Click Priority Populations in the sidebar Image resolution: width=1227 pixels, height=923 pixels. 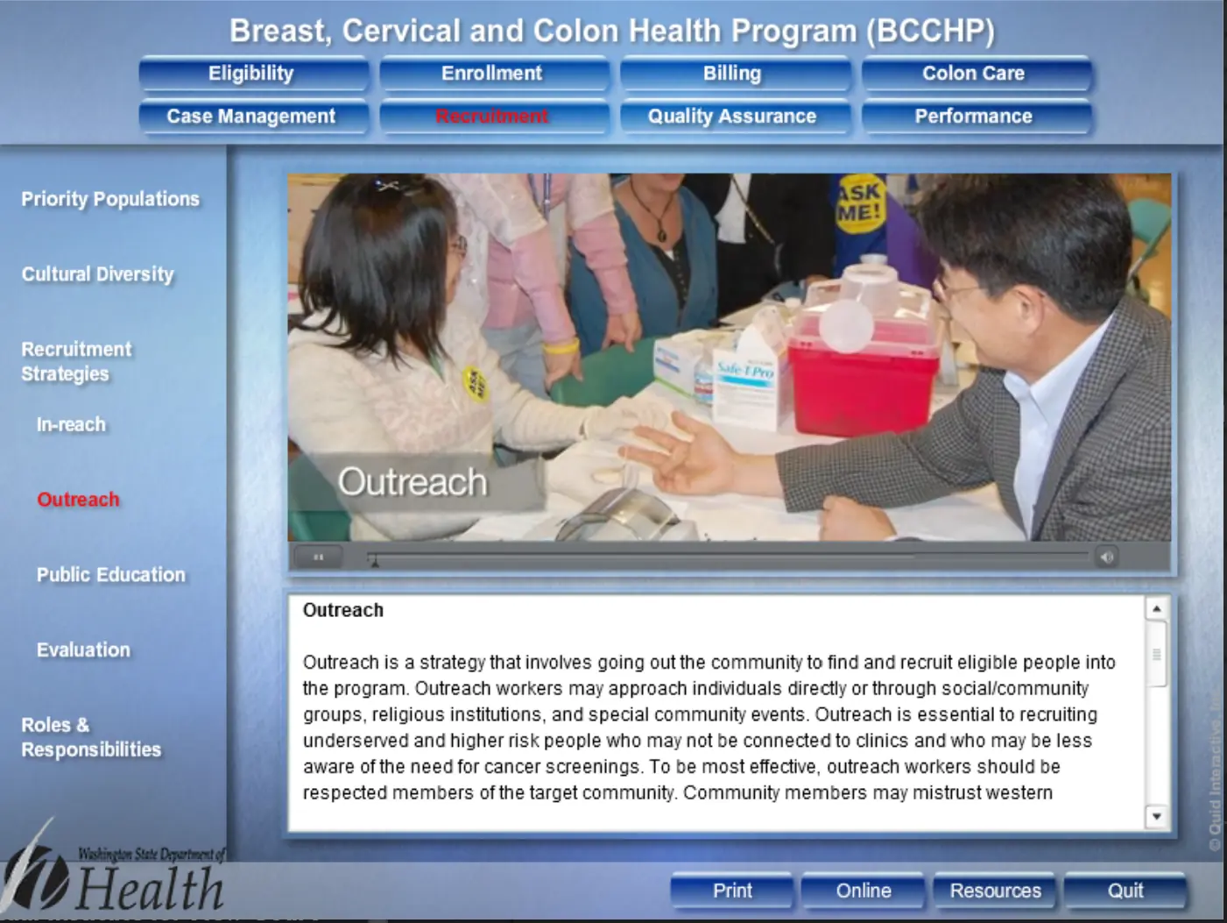click(110, 199)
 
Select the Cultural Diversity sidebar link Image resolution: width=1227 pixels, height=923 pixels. click(98, 274)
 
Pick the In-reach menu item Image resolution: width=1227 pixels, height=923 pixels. click(71, 424)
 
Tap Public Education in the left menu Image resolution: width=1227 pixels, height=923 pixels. click(110, 574)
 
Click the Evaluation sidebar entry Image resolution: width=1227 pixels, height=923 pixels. click(83, 650)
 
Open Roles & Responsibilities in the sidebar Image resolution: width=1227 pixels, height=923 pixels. click(91, 737)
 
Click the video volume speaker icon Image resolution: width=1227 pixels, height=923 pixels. click(1106, 557)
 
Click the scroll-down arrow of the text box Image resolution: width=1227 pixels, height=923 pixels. click(1157, 817)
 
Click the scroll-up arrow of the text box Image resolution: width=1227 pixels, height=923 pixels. click(1157, 608)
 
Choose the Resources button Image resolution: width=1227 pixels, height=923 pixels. click(995, 891)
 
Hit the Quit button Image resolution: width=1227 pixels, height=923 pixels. click(1125, 891)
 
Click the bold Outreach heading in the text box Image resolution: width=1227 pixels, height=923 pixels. click(343, 610)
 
